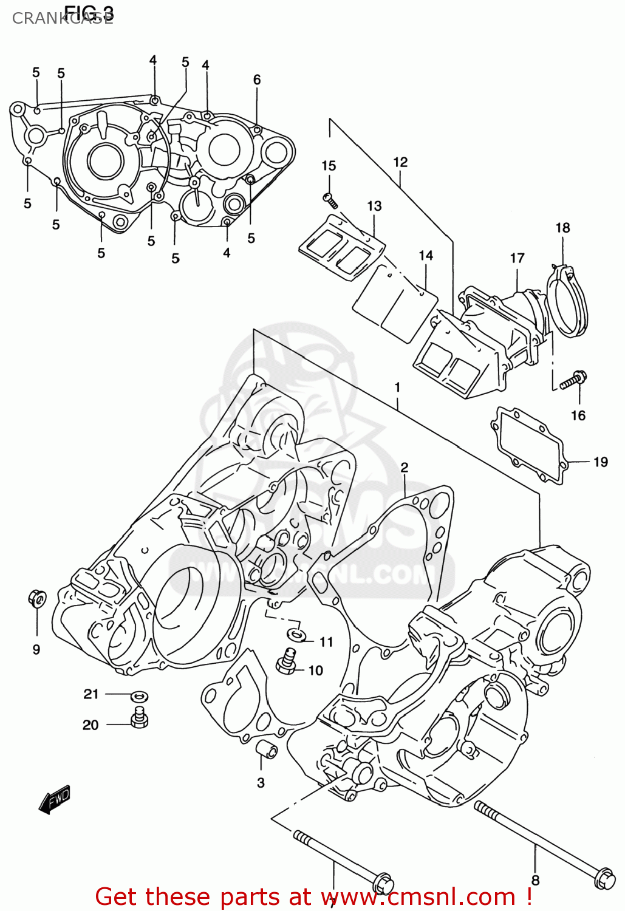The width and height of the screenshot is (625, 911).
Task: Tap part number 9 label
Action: [36, 649]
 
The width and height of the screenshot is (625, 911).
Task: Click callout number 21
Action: [91, 694]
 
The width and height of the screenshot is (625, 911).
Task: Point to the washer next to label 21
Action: [140, 696]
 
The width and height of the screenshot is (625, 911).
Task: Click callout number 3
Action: [261, 782]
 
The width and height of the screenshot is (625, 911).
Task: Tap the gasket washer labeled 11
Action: [296, 635]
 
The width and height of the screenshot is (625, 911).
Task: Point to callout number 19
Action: [600, 462]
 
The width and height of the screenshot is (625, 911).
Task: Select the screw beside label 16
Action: [572, 381]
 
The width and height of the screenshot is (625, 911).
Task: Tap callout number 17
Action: [517, 258]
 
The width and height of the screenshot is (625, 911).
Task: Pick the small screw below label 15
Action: [330, 199]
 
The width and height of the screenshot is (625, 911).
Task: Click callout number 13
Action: [374, 206]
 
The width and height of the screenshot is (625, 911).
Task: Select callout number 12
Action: [400, 162]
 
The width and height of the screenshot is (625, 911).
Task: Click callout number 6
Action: [257, 80]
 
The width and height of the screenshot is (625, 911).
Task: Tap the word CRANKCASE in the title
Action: [61, 18]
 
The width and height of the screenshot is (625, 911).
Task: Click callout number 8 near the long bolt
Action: [535, 880]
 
